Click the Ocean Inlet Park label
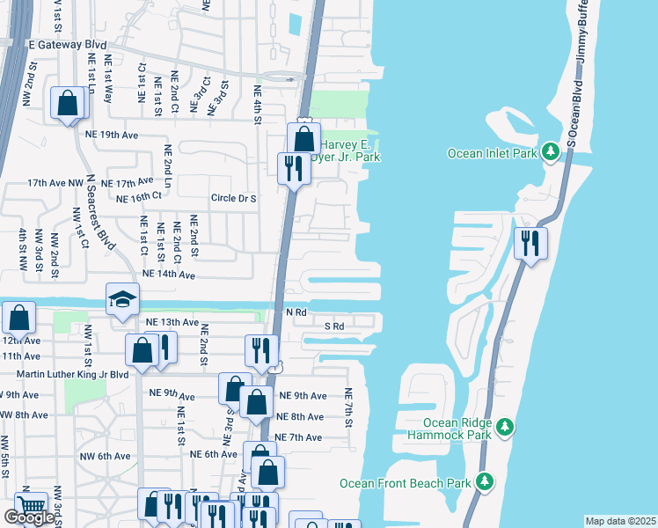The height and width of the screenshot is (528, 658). [x=492, y=153]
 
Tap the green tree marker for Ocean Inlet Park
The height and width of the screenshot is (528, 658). [x=552, y=152]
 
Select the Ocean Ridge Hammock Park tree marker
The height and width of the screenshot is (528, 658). [x=505, y=428]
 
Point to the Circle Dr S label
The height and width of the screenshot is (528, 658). [x=233, y=198]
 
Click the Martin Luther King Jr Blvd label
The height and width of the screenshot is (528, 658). [x=72, y=374]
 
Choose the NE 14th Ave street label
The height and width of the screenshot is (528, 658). [x=168, y=275]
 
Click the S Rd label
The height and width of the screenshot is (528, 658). [x=333, y=326]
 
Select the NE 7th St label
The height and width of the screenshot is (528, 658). [x=348, y=409]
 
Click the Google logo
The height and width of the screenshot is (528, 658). [x=29, y=517]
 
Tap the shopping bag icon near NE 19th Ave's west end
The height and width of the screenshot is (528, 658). [x=68, y=105]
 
